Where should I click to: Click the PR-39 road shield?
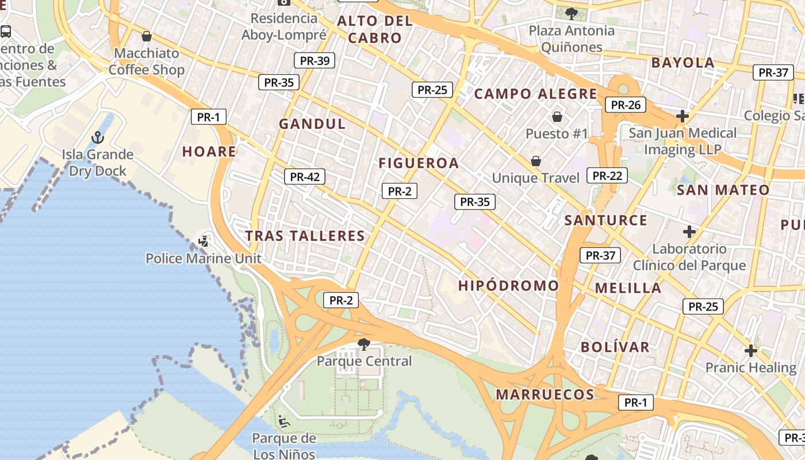tap(315, 60)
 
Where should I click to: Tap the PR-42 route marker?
tap(305, 177)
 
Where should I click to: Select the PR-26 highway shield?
tap(626, 105)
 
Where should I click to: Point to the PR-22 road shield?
tap(607, 175)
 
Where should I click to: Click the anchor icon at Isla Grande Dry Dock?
tap(98, 137)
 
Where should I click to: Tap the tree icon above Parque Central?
tap(363, 344)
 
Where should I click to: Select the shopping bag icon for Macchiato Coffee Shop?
tap(147, 36)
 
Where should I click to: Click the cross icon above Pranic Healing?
tap(750, 350)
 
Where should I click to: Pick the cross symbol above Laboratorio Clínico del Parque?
tap(689, 232)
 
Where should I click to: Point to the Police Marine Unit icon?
tap(203, 241)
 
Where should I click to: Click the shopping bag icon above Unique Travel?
tap(536, 161)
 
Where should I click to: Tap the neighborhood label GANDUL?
tap(312, 124)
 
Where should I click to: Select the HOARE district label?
tap(209, 151)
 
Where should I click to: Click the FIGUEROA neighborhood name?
tap(419, 163)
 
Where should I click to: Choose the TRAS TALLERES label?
tap(305, 235)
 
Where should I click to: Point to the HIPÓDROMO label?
tap(508, 285)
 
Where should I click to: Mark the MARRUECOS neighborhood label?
tap(545, 394)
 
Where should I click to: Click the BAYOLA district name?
tap(683, 63)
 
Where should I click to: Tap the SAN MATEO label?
tap(723, 190)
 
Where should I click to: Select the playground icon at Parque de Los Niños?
tap(283, 421)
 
